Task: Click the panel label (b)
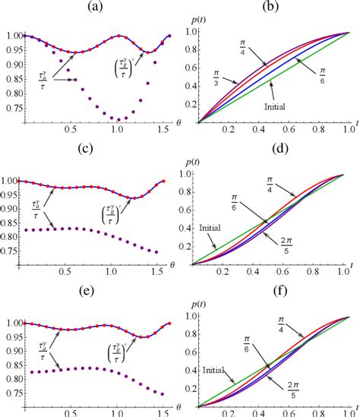pos(270,7)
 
